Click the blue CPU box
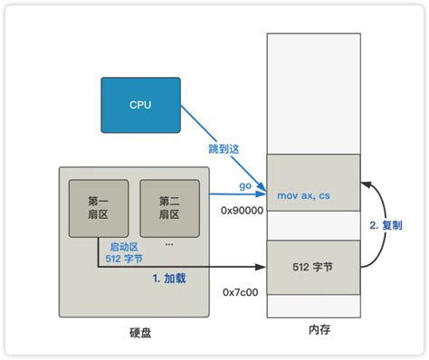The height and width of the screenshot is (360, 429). point(140,105)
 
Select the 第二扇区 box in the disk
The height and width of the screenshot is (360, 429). point(168,208)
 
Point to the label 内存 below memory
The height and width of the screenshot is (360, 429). point(314,330)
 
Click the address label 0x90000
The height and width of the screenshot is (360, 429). point(242,210)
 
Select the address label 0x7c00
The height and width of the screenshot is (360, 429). point(242,293)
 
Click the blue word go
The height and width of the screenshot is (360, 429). point(243,185)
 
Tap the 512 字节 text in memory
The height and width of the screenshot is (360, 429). point(313,267)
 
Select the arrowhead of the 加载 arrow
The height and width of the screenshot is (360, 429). point(262,267)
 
